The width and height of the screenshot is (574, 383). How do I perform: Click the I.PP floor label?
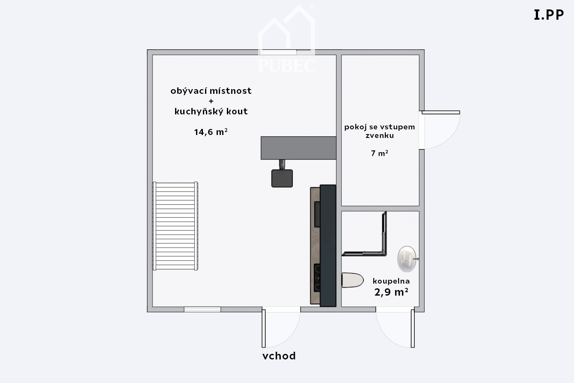549,15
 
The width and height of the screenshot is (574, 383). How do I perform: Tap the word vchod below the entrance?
279,356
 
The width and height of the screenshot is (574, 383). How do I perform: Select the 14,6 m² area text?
211,132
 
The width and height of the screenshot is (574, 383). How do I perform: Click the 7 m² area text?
380,153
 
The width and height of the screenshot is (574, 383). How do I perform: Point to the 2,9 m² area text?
391,292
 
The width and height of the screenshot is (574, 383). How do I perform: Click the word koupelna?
391,281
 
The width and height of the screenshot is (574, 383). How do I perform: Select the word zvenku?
380,135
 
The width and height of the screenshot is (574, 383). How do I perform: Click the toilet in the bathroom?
352,280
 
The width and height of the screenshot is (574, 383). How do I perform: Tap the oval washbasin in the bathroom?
407,259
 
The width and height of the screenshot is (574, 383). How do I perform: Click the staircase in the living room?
175,226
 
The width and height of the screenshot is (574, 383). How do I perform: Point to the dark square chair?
282,178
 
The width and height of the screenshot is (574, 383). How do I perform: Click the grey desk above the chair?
298,148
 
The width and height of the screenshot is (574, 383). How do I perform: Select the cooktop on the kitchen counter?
317,278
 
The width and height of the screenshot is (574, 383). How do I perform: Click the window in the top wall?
278,52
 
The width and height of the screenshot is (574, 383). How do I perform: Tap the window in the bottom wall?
202,309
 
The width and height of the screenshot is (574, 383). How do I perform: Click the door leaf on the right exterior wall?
441,112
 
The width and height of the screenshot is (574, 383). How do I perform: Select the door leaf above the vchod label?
264,328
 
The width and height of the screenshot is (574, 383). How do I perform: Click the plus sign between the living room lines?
211,101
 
